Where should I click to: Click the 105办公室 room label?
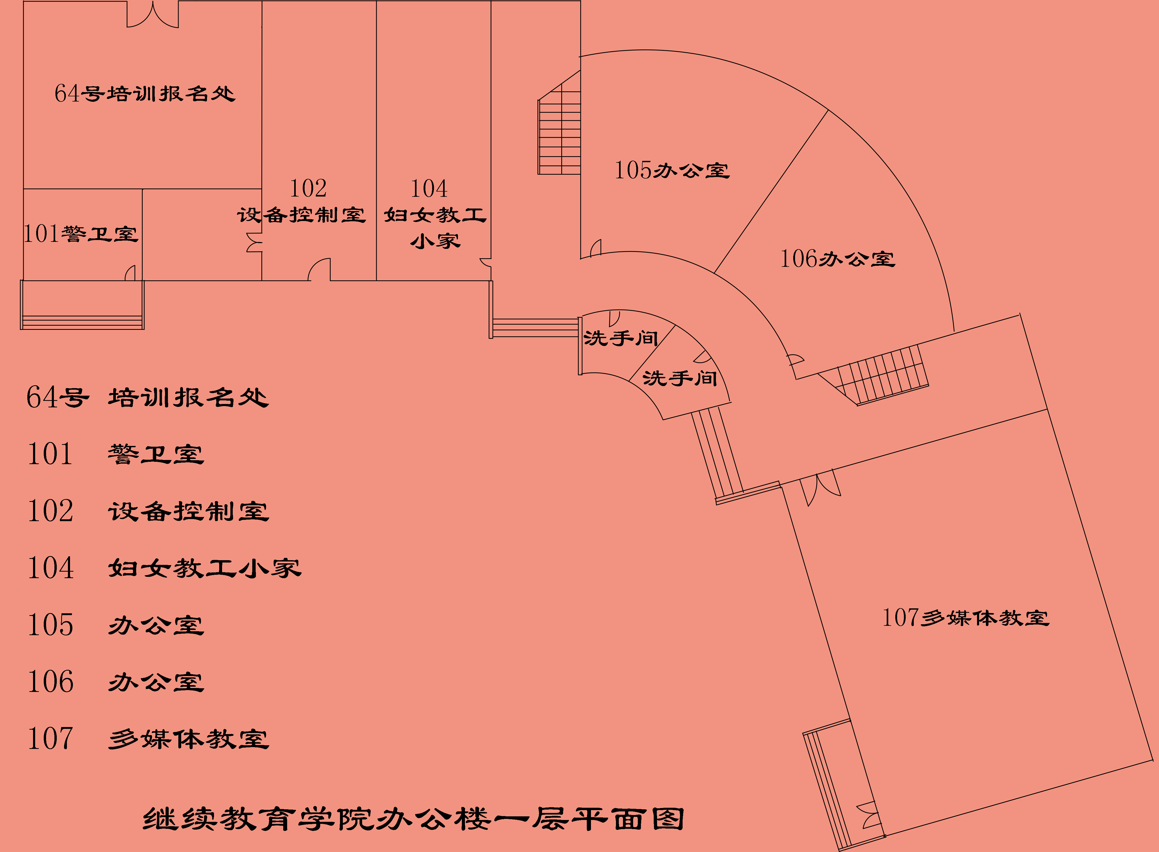coord(672,170)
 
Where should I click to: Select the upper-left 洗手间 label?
coord(621,338)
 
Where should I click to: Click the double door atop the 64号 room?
coord(153,15)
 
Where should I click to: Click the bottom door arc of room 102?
coord(319,269)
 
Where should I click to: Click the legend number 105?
coord(51,625)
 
